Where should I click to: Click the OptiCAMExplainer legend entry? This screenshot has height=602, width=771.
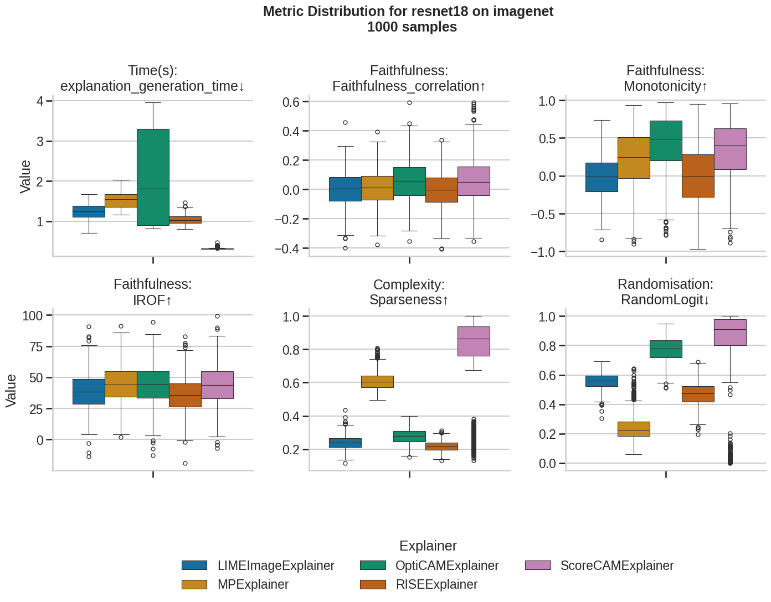(x=446, y=565)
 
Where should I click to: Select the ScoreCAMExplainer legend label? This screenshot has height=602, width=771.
(x=616, y=565)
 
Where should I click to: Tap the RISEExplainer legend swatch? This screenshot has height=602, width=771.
(x=373, y=585)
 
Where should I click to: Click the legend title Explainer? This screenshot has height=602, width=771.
(x=428, y=546)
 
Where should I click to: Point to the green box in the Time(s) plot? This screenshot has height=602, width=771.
(x=153, y=177)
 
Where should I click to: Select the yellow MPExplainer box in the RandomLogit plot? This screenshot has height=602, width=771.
(x=634, y=429)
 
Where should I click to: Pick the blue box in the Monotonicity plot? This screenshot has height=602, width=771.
(x=602, y=177)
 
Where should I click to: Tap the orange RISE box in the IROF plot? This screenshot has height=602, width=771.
(x=185, y=395)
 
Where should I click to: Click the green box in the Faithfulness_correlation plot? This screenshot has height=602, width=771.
(x=409, y=181)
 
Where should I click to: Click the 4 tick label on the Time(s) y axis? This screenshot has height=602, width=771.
(x=40, y=101)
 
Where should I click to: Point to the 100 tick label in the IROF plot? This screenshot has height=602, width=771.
(x=33, y=316)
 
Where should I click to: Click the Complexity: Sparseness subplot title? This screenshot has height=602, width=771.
(x=409, y=292)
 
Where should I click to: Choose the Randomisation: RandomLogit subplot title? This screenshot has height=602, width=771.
(x=665, y=292)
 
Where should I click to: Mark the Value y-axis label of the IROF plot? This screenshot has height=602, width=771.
(x=11, y=391)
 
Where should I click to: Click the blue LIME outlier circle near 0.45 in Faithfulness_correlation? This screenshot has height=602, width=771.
(x=345, y=122)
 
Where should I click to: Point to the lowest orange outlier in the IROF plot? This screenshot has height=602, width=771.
(x=185, y=463)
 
